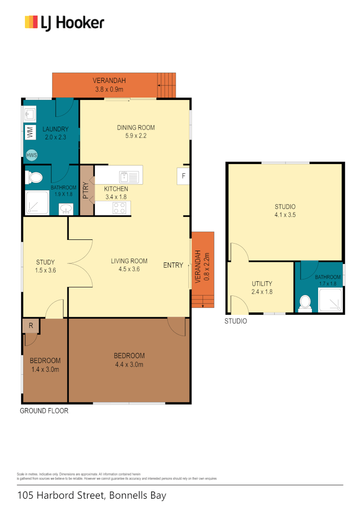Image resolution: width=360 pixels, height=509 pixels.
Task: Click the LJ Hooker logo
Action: pos(65,22)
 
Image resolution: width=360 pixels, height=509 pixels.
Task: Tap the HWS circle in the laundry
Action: pos(32,155)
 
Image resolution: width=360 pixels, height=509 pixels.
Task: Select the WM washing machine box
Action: pos(30,132)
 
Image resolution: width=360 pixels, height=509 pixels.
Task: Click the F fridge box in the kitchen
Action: pos(183,176)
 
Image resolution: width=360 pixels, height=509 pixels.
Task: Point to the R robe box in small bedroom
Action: pos(31,325)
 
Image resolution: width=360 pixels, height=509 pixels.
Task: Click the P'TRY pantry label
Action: pos(86,190)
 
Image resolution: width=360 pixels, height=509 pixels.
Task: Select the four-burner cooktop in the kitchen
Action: pos(119,208)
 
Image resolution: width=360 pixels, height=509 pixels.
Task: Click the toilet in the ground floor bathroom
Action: pos(34,178)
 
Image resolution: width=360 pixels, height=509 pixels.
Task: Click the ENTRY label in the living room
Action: pos(173,265)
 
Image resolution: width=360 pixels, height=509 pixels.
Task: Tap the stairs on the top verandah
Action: pos(166,85)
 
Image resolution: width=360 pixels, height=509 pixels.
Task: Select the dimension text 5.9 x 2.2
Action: pos(136,136)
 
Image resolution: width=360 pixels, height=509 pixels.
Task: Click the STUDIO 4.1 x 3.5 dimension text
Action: pos(285,214)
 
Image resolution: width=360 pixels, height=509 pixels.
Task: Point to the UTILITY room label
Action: pos(262,284)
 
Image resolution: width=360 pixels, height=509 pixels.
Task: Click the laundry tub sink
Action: pos(30,114)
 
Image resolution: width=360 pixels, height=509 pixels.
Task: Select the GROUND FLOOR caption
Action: pos(44,411)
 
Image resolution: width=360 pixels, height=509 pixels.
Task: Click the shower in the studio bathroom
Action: pos(331,300)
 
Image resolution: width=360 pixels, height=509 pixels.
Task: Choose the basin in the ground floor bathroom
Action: pos(65,208)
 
